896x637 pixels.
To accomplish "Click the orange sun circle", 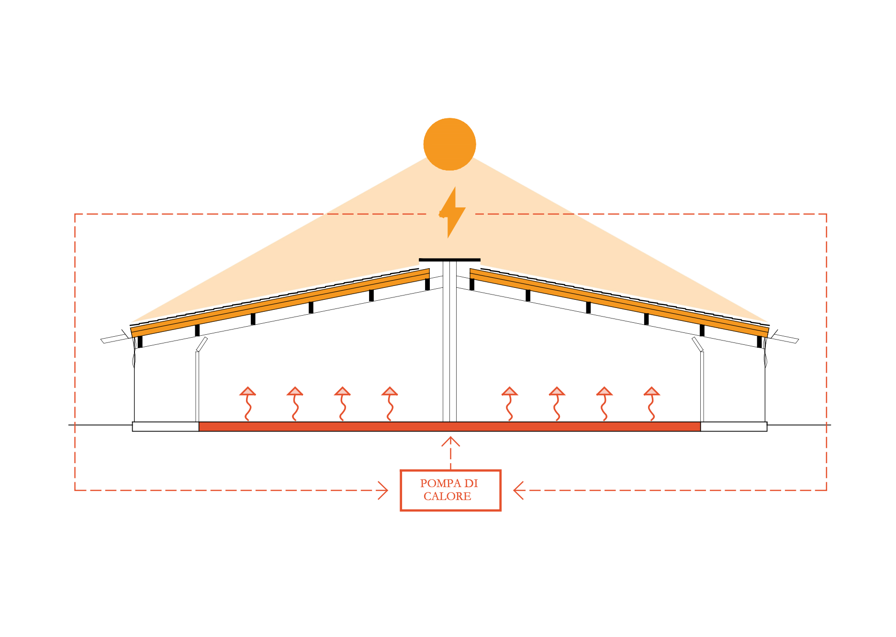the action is pos(449,144).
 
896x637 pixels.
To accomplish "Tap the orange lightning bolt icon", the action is pos(451,213).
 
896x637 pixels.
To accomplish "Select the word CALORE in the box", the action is pos(447,497).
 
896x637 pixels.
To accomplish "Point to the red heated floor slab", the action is pos(449,427).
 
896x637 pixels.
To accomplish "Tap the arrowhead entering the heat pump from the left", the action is pos(382,490).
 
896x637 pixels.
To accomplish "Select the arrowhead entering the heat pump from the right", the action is pos(518,490).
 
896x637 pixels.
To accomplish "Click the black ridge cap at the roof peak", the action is pos(449,260).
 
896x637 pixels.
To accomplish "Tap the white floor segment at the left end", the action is pos(166,427).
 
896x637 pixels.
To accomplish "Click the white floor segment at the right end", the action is pos(733,427).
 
